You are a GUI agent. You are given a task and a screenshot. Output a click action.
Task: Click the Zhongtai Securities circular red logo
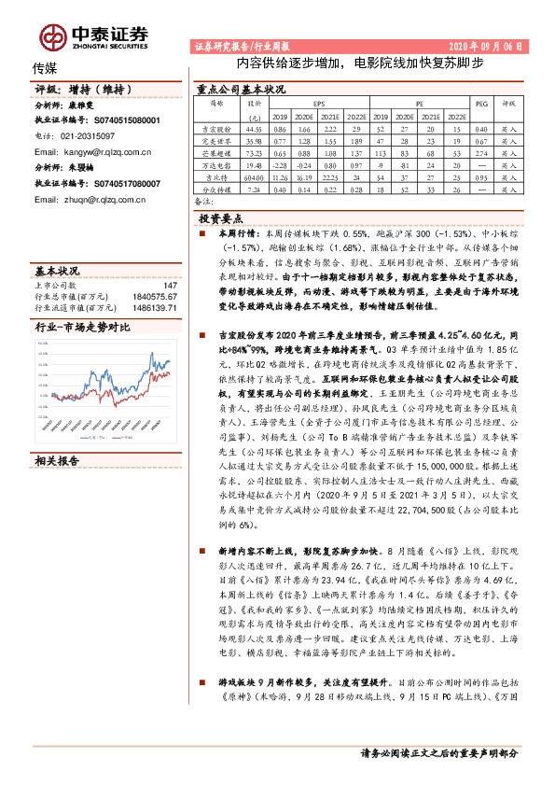[x=49, y=36]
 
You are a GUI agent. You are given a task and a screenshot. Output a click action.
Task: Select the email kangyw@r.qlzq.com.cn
[x=85, y=149]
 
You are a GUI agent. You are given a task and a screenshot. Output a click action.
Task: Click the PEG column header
[x=480, y=105]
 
